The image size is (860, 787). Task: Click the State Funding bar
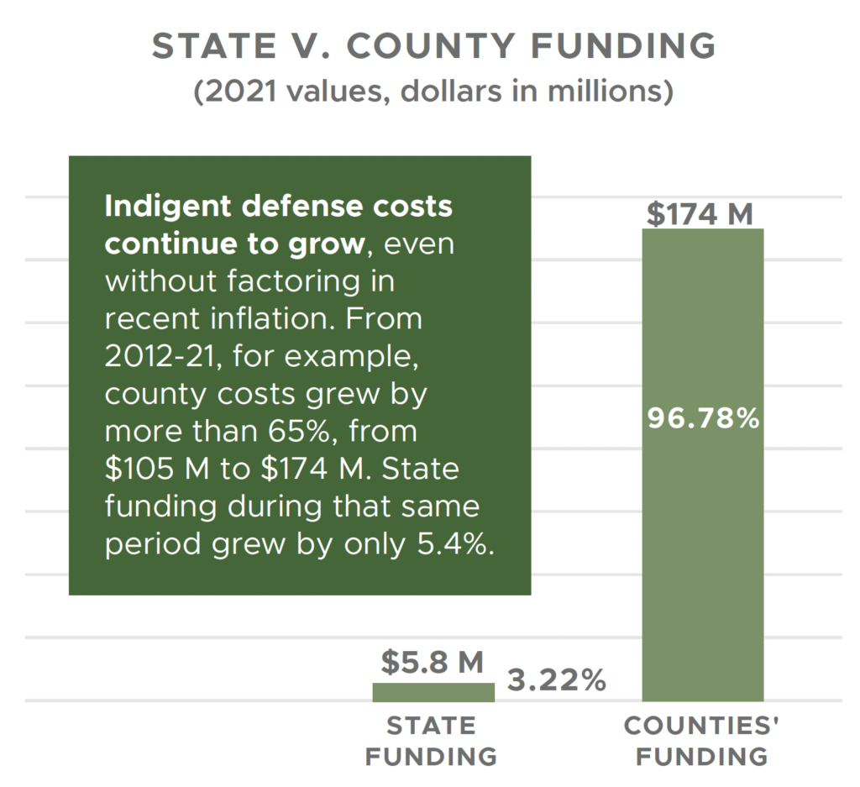click(433, 692)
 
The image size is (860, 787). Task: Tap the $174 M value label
click(700, 215)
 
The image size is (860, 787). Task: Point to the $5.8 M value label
click(433, 663)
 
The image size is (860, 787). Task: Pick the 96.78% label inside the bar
click(703, 417)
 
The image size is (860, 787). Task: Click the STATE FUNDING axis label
click(431, 741)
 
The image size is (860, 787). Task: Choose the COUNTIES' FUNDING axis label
click(702, 741)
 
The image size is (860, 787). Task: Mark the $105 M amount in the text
click(148, 468)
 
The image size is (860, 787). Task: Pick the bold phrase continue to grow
click(235, 244)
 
